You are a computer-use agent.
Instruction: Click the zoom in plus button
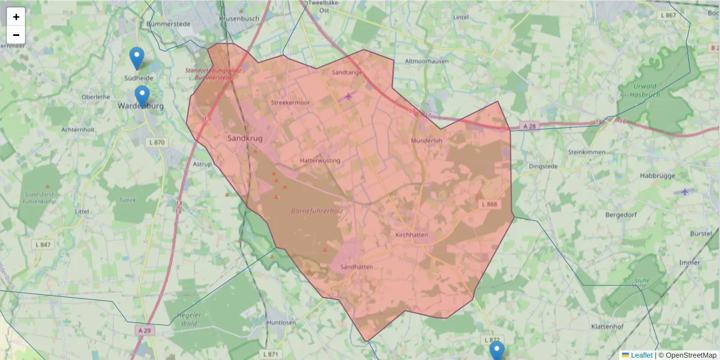pos(16,17)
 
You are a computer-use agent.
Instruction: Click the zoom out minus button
pos(16,35)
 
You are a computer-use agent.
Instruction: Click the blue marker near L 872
pos(496,350)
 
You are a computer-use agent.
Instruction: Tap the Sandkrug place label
pos(245,139)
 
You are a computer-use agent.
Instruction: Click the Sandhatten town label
pos(356,267)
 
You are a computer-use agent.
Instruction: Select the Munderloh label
pos(426,141)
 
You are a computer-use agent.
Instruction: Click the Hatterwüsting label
pos(320,161)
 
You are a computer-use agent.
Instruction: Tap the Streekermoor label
pos(290,103)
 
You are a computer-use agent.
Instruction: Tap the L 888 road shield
pos(489,205)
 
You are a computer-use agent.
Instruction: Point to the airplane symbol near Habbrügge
pos(685,191)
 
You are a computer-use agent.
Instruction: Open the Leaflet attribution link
pos(641,355)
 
